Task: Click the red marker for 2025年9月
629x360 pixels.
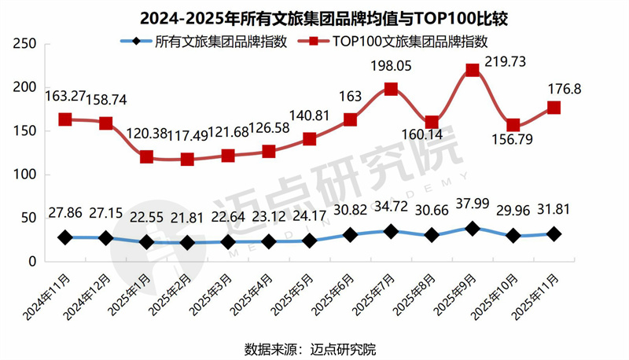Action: pos(473,70)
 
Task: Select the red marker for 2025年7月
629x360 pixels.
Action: pos(391,89)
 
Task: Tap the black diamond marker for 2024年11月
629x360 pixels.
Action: pos(65,237)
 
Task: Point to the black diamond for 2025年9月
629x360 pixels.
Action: pos(473,228)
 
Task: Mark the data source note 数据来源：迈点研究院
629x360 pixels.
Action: pos(315,346)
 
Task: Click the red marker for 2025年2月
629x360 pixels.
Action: pos(187,159)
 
